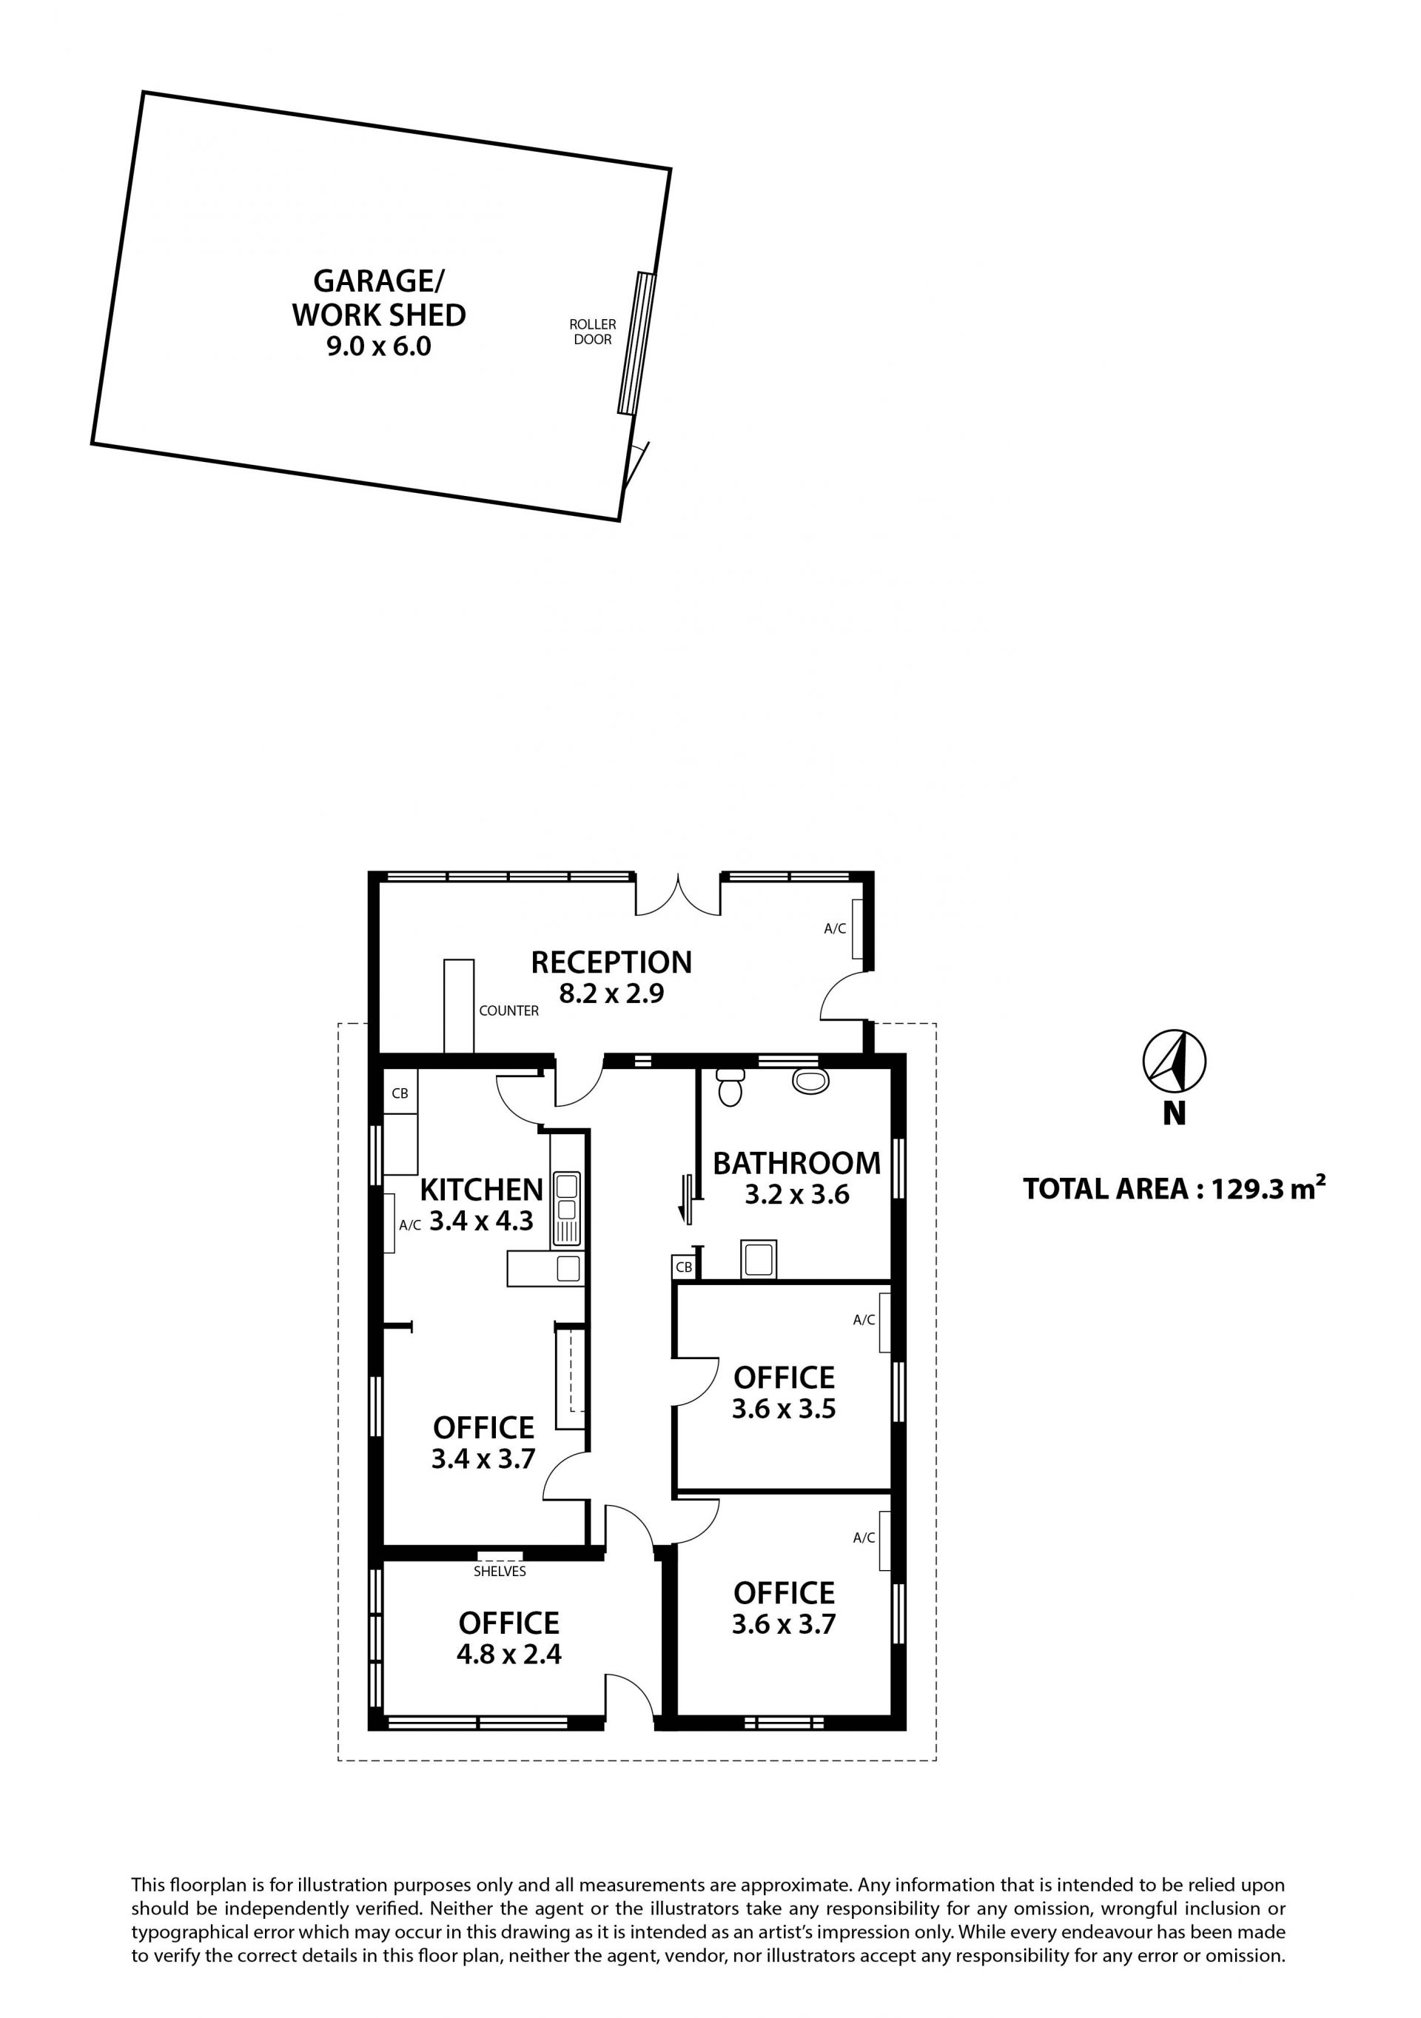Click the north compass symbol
(x=1174, y=1061)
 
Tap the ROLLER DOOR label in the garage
(x=593, y=332)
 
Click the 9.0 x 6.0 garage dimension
(x=379, y=346)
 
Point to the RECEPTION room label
(x=611, y=962)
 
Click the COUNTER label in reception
(x=508, y=1010)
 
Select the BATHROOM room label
(x=796, y=1163)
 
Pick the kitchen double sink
(x=566, y=1209)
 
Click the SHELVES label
(x=500, y=1571)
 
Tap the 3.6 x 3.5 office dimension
(x=784, y=1409)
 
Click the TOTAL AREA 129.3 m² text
(x=1174, y=1188)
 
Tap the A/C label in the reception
(x=835, y=928)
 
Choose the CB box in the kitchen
(x=400, y=1093)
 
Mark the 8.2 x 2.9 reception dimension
(x=611, y=994)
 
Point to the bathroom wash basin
(x=810, y=1080)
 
